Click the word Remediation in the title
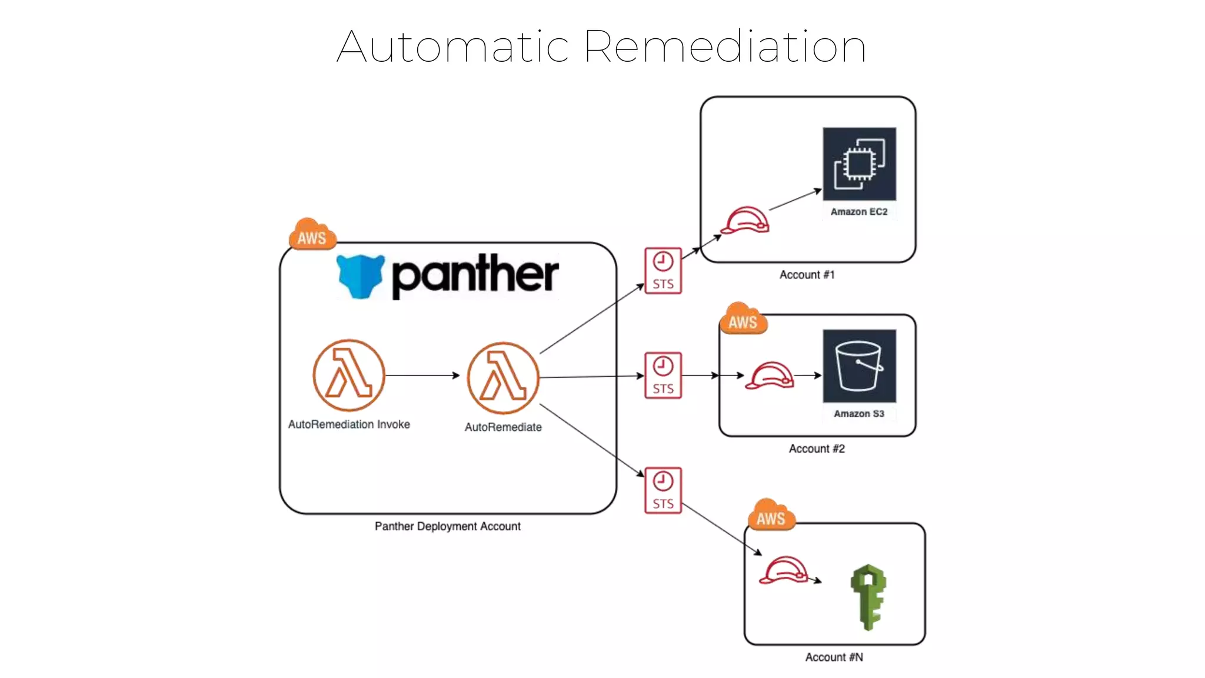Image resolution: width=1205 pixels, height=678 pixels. click(724, 46)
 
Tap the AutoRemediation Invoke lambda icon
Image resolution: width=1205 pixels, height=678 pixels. click(349, 375)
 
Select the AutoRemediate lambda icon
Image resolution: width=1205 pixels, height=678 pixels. click(503, 378)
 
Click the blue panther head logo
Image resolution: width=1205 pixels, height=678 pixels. click(361, 276)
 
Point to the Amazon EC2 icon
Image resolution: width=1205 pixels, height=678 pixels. click(859, 164)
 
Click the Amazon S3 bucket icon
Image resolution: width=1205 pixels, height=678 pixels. click(859, 366)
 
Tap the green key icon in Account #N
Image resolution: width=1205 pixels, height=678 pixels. click(868, 597)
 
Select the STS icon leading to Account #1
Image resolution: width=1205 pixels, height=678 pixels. click(663, 271)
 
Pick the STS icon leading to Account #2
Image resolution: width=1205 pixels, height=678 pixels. click(663, 375)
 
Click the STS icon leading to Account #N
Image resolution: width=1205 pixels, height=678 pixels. click(663, 490)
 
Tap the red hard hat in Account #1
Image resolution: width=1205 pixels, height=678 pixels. click(745, 220)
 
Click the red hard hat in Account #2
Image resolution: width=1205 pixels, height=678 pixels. click(770, 375)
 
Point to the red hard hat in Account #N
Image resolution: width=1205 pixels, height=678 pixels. click(783, 570)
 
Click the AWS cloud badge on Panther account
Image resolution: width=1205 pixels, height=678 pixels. click(312, 235)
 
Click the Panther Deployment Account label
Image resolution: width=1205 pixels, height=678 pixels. click(447, 526)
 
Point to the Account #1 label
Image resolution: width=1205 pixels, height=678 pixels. click(807, 275)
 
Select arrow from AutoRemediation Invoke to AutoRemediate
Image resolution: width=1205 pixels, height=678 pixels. click(422, 375)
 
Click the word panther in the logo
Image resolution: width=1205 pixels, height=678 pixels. click(475, 275)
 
